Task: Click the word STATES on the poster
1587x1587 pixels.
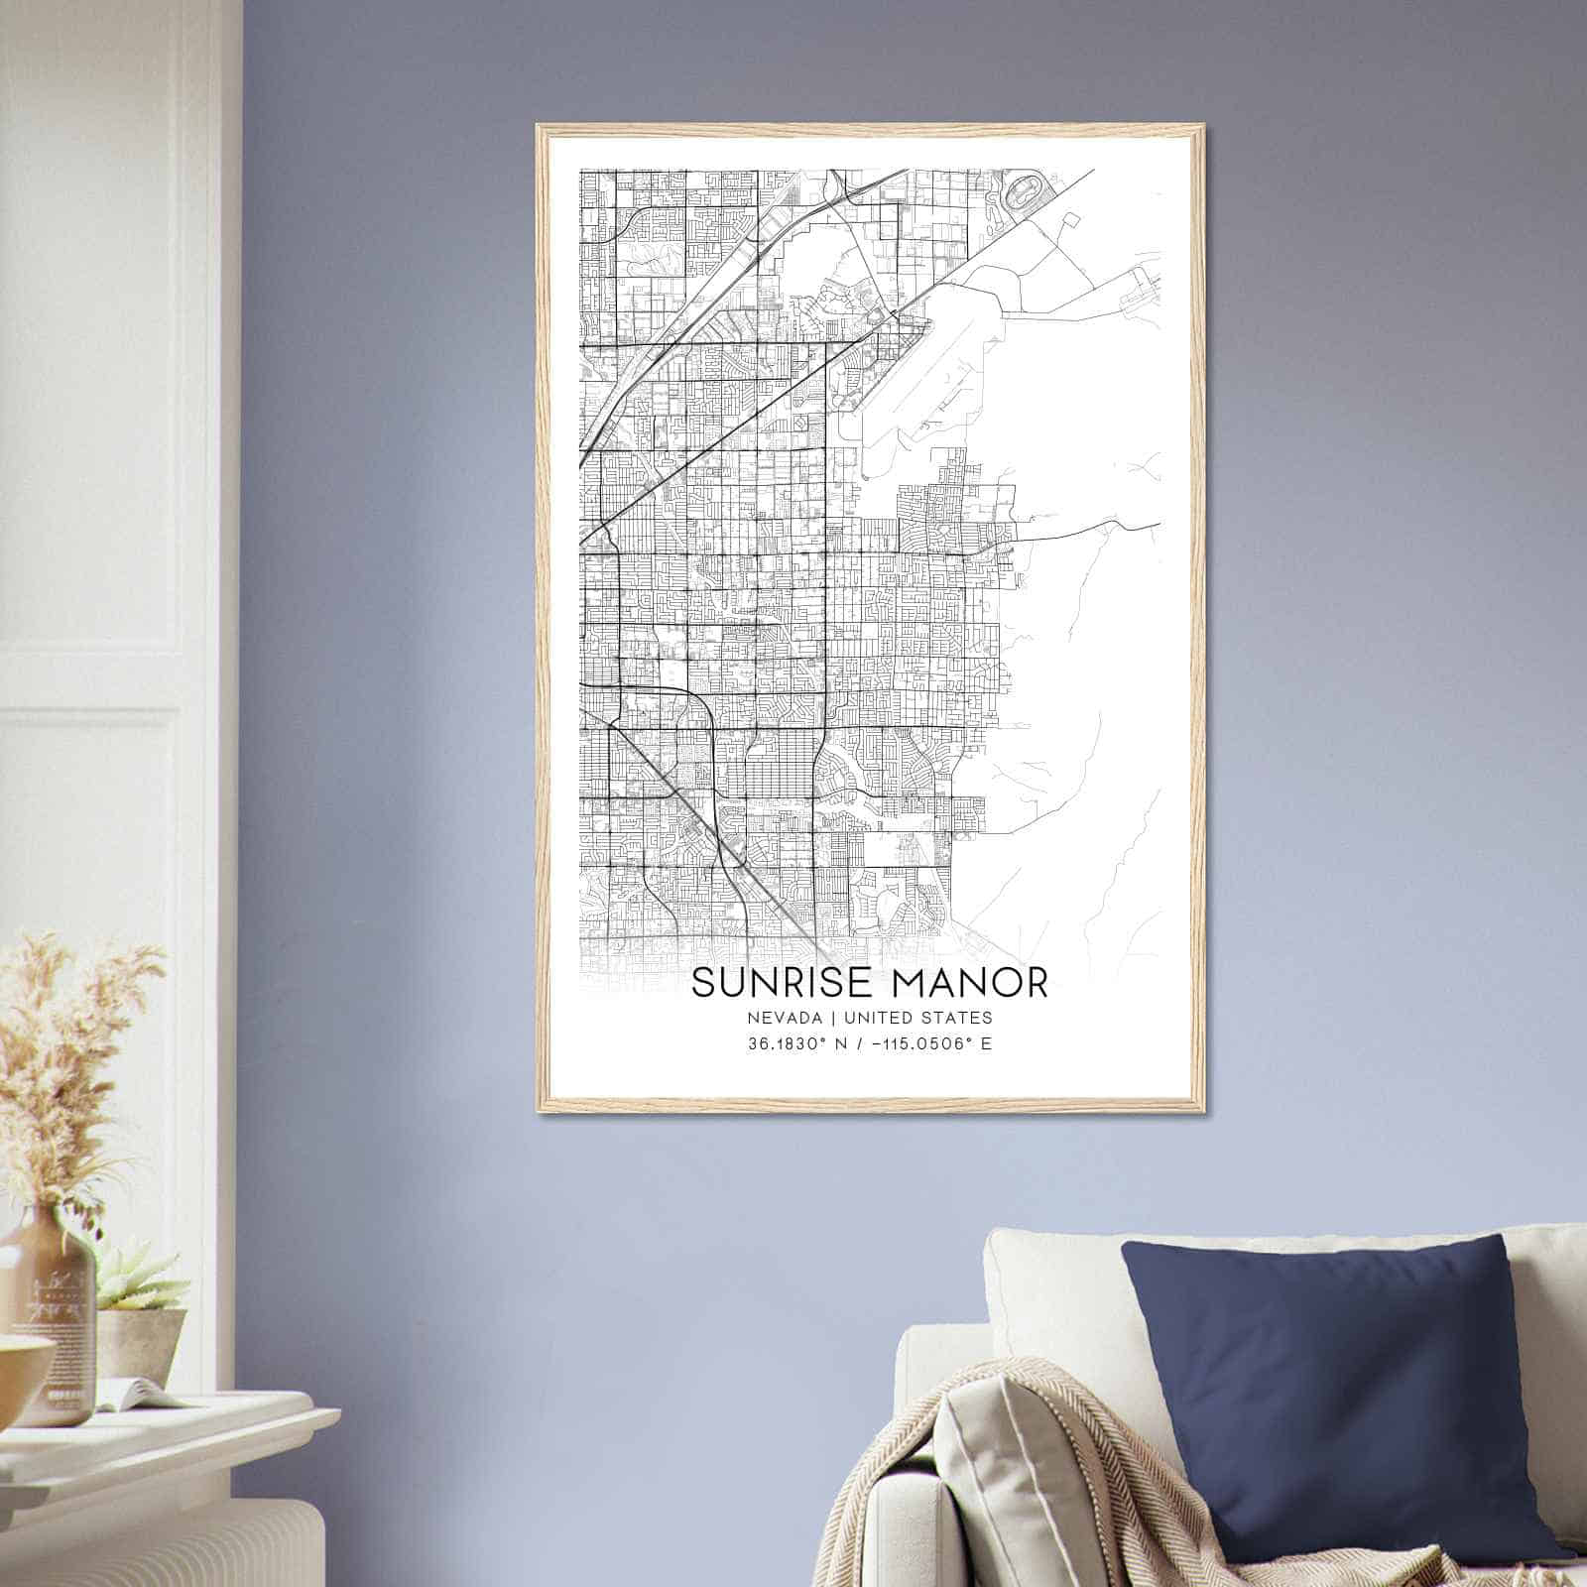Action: pos(956,1017)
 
